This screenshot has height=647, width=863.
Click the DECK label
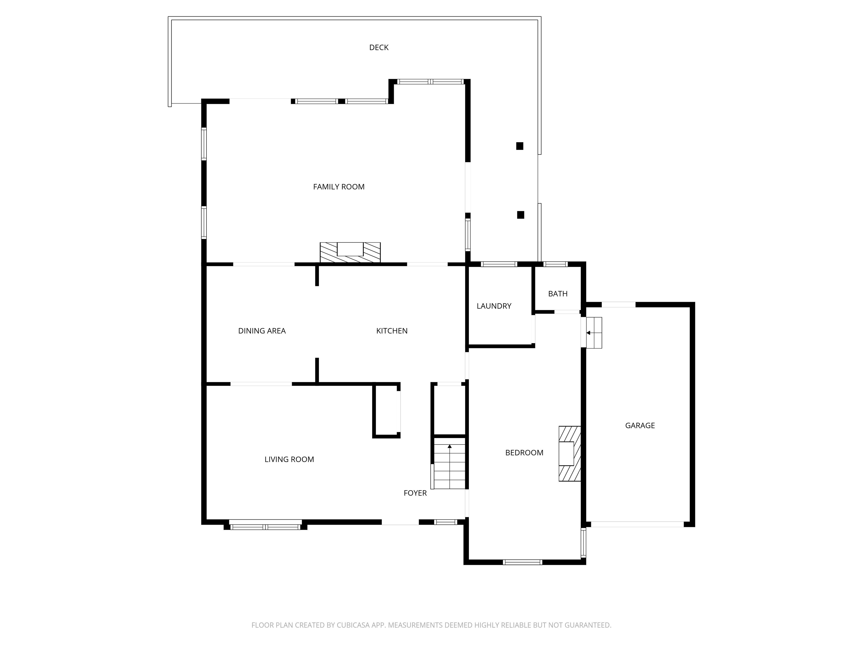click(379, 47)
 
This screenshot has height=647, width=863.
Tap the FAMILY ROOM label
click(339, 187)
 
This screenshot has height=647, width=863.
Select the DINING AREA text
click(262, 331)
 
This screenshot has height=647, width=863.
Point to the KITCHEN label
click(392, 331)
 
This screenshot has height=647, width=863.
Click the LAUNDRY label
click(494, 306)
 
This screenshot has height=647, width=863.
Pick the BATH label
click(558, 294)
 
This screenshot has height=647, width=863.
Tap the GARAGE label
click(640, 425)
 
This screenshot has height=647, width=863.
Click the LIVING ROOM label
click(289, 459)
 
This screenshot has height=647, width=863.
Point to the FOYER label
click(415, 493)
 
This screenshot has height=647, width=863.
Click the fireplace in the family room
click(350, 252)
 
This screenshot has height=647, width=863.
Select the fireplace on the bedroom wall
click(570, 454)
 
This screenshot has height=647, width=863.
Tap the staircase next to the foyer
click(449, 463)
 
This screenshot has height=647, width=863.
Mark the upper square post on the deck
click(520, 146)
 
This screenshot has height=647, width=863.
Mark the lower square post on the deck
click(521, 215)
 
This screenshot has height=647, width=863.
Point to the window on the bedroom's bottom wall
click(523, 562)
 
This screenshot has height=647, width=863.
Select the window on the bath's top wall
click(556, 264)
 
